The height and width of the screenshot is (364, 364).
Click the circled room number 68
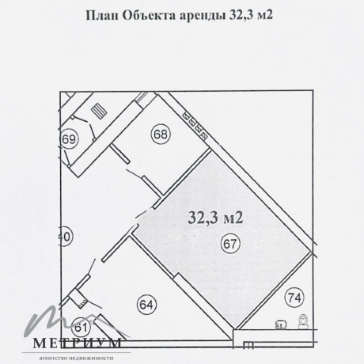[x=161, y=135]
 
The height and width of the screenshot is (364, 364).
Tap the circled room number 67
[x=230, y=244]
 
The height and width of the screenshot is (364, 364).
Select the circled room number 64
[x=146, y=305]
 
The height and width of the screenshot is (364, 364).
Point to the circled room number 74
[x=294, y=298]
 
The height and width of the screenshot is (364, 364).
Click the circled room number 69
[x=70, y=139]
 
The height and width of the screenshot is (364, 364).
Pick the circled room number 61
[x=82, y=328]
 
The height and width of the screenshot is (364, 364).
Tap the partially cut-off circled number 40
[x=66, y=237]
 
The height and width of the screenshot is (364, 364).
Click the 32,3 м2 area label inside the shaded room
[x=215, y=218]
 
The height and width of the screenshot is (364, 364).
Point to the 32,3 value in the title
[x=240, y=16]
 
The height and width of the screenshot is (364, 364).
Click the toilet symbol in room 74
[x=304, y=322]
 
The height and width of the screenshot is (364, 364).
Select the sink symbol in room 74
[x=281, y=324]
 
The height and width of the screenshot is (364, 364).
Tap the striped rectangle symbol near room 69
[x=99, y=112]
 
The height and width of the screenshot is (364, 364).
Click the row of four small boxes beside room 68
[x=195, y=125]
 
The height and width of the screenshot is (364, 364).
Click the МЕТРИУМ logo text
[x=77, y=343]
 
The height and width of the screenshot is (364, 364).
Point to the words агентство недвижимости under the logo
[x=76, y=358]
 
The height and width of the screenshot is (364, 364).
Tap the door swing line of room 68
[x=135, y=174]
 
